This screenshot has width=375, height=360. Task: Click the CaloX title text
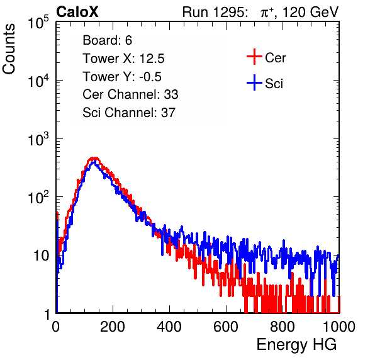click(77, 12)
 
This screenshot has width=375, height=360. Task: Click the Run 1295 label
click(215, 12)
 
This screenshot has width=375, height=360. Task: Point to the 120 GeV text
click(310, 12)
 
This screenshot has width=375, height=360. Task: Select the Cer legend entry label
click(275, 58)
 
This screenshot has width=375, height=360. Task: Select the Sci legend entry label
click(274, 84)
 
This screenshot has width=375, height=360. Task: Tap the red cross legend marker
click(254, 57)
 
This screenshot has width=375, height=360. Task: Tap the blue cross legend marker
click(254, 83)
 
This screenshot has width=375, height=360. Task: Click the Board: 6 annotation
click(107, 40)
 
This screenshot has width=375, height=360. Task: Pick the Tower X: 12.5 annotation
click(123, 59)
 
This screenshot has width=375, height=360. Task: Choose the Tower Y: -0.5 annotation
click(122, 77)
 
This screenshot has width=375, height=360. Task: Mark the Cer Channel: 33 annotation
click(130, 94)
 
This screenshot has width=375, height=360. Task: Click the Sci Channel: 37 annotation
click(129, 113)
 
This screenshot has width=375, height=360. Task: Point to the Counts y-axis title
click(9, 49)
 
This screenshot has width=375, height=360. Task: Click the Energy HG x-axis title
click(296, 345)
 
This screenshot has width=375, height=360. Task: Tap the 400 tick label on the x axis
click(169, 327)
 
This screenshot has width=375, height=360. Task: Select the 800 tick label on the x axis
click(283, 327)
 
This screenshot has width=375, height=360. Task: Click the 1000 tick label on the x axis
click(339, 327)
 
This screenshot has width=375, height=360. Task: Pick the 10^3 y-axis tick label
click(38, 139)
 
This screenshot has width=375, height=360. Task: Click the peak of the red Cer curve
click(94, 158)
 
